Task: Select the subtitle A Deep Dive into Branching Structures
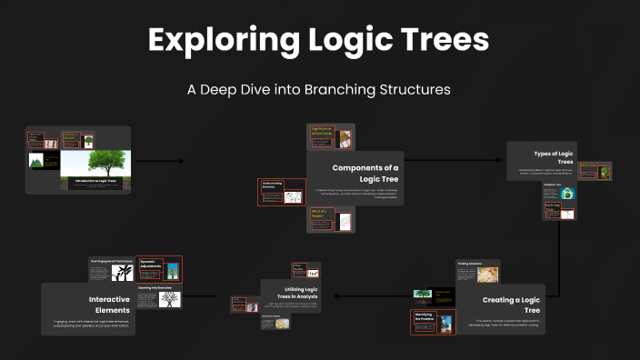pos(319,90)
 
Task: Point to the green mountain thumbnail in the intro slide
pos(37,161)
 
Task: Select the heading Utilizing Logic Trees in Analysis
pos(289,292)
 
